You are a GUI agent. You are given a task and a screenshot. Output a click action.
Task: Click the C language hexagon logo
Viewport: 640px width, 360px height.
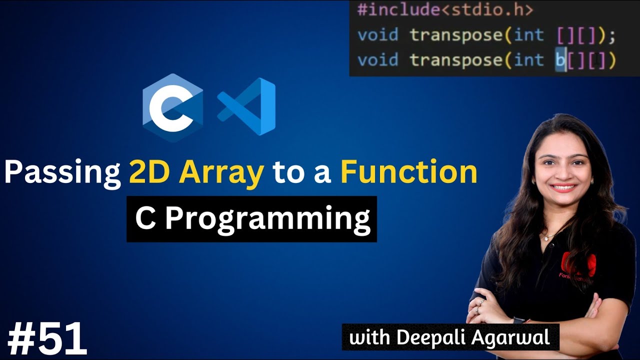172,107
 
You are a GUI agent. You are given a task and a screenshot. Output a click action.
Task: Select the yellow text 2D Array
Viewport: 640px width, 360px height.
196,172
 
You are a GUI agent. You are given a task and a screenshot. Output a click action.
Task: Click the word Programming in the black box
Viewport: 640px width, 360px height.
267,218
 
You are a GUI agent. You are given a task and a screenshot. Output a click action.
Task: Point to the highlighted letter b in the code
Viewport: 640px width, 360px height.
560,60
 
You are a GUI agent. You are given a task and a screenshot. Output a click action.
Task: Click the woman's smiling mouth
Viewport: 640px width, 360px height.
563,188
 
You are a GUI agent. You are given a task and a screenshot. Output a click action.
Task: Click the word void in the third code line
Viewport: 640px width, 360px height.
378,60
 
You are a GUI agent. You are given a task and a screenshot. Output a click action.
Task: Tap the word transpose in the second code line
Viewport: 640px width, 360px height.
455,35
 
